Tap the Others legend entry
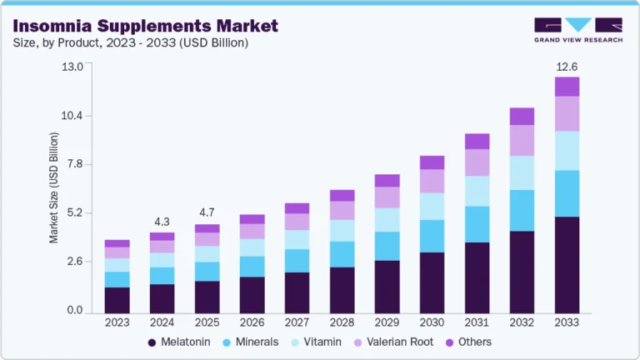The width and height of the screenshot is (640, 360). click(x=467, y=342)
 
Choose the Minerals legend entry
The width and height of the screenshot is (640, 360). click(x=254, y=342)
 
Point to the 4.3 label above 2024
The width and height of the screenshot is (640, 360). click(x=162, y=222)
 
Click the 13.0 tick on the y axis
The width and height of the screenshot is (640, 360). click(x=72, y=67)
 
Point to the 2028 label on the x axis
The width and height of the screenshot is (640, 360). click(x=342, y=322)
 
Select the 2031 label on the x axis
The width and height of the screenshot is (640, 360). click(x=477, y=322)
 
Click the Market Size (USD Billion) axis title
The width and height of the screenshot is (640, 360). click(x=53, y=188)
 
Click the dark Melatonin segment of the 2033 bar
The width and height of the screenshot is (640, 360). click(x=567, y=264)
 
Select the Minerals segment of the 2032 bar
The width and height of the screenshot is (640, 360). click(x=522, y=210)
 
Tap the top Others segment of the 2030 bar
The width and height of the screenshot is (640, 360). click(x=432, y=162)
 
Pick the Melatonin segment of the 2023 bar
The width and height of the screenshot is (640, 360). click(x=117, y=299)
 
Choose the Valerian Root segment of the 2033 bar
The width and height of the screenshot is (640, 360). click(x=567, y=113)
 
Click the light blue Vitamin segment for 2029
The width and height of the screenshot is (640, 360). click(x=387, y=219)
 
